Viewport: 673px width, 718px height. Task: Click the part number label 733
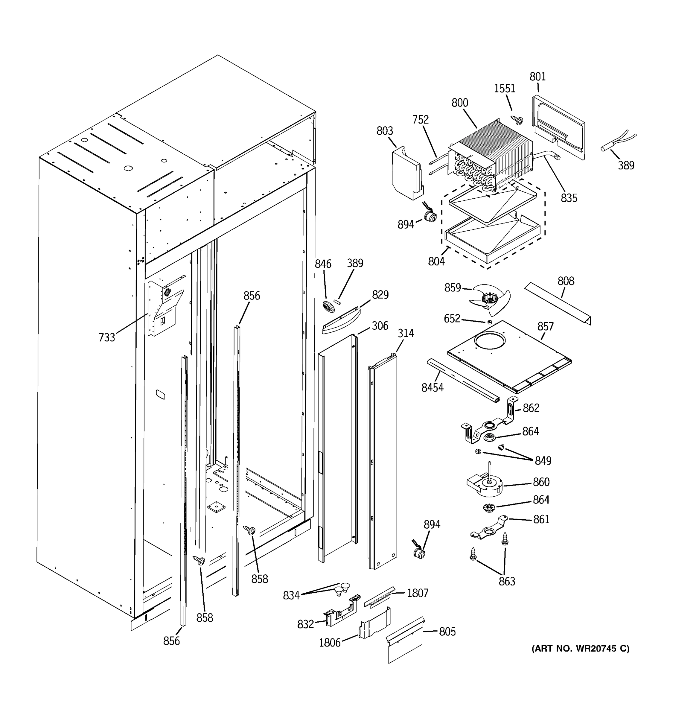[x=106, y=337]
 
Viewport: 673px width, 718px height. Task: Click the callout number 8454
[x=432, y=387]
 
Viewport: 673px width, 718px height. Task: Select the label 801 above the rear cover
[x=537, y=77]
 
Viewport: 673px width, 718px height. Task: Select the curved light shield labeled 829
[x=340, y=321]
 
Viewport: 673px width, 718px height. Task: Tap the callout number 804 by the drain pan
[x=436, y=261]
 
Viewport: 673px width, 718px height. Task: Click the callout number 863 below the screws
[x=507, y=582]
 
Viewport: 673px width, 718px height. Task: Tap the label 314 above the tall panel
[x=406, y=333]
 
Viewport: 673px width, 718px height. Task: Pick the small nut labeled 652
[x=490, y=322]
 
